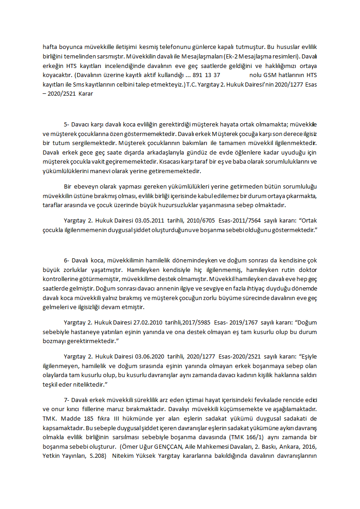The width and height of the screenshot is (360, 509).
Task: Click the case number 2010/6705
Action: click(x=193, y=221)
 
